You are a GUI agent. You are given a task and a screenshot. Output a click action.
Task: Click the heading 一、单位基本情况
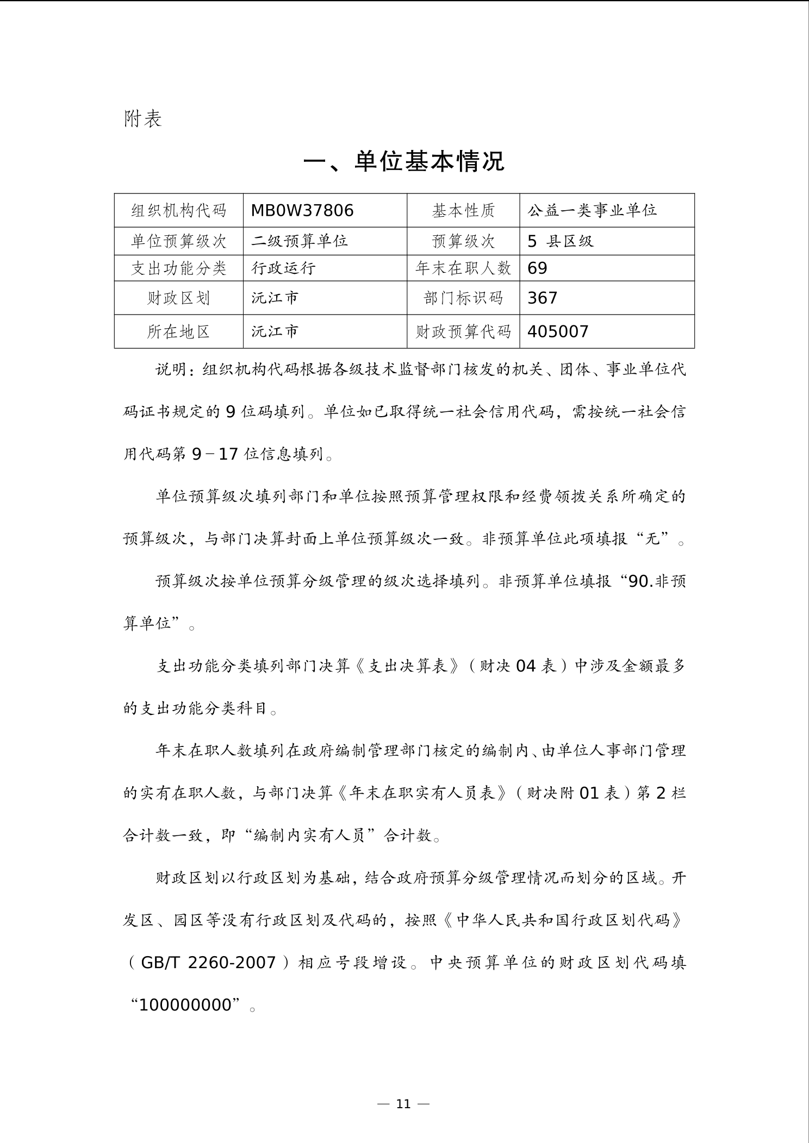tap(404, 161)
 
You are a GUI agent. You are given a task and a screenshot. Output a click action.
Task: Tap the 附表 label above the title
tap(143, 118)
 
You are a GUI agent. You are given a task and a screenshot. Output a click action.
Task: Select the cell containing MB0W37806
tap(302, 210)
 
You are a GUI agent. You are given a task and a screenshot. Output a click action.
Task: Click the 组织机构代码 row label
tap(178, 210)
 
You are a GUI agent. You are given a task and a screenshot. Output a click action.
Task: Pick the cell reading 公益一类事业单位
tap(592, 210)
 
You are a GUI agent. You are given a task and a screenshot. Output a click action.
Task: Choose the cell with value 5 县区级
tap(561, 241)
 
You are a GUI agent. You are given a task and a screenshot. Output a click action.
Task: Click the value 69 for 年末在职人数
tap(538, 268)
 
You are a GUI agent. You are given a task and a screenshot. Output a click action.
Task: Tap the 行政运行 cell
tap(283, 268)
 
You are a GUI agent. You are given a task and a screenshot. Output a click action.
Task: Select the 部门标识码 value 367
tap(543, 298)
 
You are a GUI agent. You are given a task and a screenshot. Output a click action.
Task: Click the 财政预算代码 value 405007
tap(558, 331)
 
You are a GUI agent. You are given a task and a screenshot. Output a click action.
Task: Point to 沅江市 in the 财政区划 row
tap(275, 298)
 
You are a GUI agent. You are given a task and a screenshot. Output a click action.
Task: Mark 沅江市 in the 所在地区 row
tap(275, 331)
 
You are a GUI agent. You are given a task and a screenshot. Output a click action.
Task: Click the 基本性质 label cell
tap(463, 210)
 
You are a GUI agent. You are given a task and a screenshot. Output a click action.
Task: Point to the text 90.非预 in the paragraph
tap(657, 581)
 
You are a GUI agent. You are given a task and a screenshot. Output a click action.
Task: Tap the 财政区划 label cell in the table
tap(178, 298)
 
